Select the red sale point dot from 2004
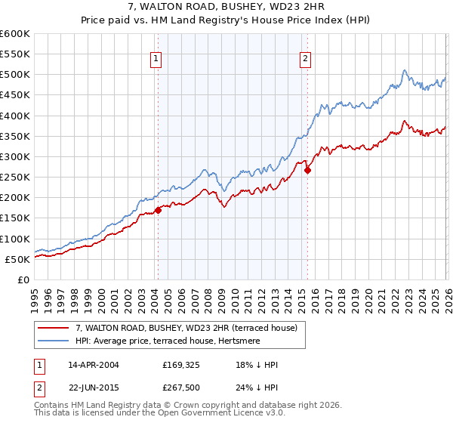[x=158, y=210]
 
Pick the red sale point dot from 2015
[x=307, y=170]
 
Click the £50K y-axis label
[x=18, y=259]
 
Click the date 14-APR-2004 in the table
[x=93, y=365]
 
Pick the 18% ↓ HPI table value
[x=257, y=365]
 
